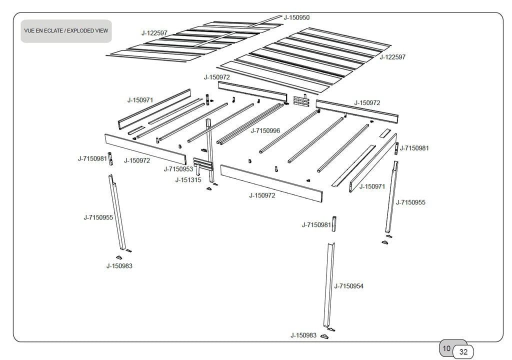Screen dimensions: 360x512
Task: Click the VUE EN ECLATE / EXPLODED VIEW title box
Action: [66, 31]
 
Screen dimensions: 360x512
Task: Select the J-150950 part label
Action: [296, 17]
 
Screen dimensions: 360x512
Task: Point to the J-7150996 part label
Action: [265, 131]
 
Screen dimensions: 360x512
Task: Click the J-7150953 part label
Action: [178, 169]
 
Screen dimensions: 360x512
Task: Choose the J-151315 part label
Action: [188, 180]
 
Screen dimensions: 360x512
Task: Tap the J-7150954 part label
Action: [348, 286]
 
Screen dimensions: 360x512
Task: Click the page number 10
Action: [447, 348]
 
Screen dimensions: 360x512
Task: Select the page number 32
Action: [463, 352]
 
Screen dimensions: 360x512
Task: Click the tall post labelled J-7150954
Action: [329, 285]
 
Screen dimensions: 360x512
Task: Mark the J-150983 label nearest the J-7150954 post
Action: [303, 335]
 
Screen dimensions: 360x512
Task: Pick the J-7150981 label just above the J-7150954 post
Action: [316, 225]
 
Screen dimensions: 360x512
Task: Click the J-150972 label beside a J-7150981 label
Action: [137, 160]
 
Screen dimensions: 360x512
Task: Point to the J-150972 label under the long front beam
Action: [262, 195]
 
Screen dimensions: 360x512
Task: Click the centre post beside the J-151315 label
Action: [210, 150]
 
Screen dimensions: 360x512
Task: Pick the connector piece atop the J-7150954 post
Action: [334, 223]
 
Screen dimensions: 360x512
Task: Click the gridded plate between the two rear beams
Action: [301, 100]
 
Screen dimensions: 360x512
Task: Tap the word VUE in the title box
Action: [29, 31]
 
